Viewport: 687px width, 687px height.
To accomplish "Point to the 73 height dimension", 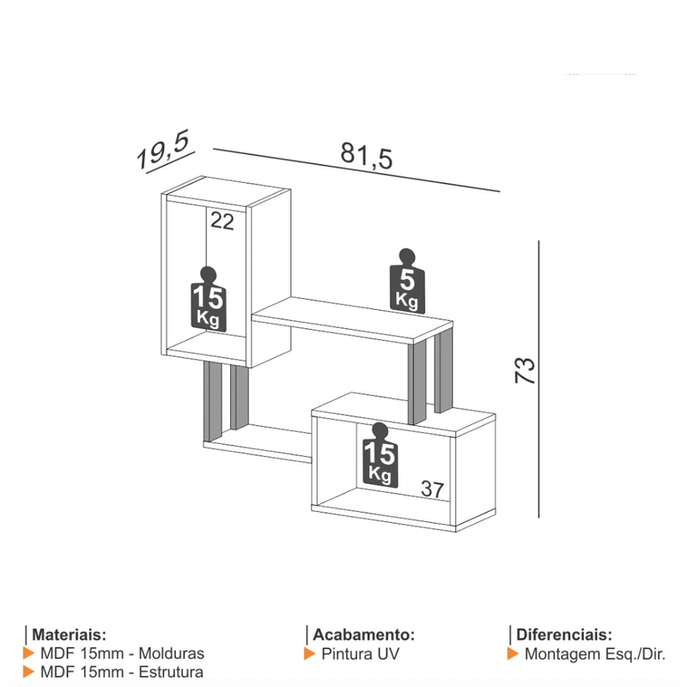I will coord(525,370).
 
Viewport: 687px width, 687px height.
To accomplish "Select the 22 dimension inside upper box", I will coord(222,222).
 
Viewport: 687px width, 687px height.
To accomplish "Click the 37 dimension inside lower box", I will coord(432,489).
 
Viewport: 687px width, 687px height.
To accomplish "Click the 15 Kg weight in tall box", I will coord(208,301).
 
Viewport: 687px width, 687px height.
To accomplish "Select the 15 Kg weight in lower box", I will coord(380,456).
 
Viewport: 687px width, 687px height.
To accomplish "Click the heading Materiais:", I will coord(70,635).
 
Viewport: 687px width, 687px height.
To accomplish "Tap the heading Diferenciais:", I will coord(564,635).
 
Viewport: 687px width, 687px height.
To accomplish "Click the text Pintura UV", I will coord(361,654).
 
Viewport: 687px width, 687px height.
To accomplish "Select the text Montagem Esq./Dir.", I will coord(595,654).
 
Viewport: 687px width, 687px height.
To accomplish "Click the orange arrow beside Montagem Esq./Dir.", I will coord(513,654).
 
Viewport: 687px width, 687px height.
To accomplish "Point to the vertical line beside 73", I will coord(538,378).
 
